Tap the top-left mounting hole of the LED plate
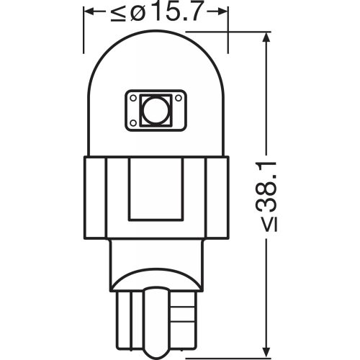pyautogui.click(x=135, y=95)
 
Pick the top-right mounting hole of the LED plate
pyautogui.click(x=176, y=95)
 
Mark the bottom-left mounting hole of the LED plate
pyautogui.click(x=135, y=124)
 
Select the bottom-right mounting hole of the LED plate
pyautogui.click(x=176, y=124)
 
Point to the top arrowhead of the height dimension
pyautogui.click(x=268, y=39)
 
